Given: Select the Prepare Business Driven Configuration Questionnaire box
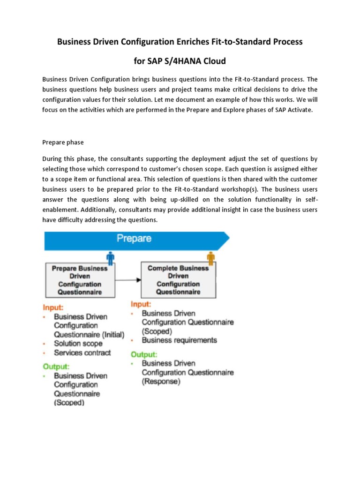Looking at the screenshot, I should tap(79, 280).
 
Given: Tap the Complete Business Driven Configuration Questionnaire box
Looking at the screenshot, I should tap(178, 280).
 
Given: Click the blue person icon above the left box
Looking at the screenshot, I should tap(111, 257).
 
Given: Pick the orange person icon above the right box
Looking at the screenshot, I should tap(211, 257).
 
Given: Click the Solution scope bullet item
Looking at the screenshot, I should tap(78, 344).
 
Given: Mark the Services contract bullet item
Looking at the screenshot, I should tap(82, 352).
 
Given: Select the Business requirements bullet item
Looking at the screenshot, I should tap(179, 340).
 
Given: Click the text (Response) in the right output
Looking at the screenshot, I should tap(161, 382).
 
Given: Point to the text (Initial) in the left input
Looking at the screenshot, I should tap(112, 335).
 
